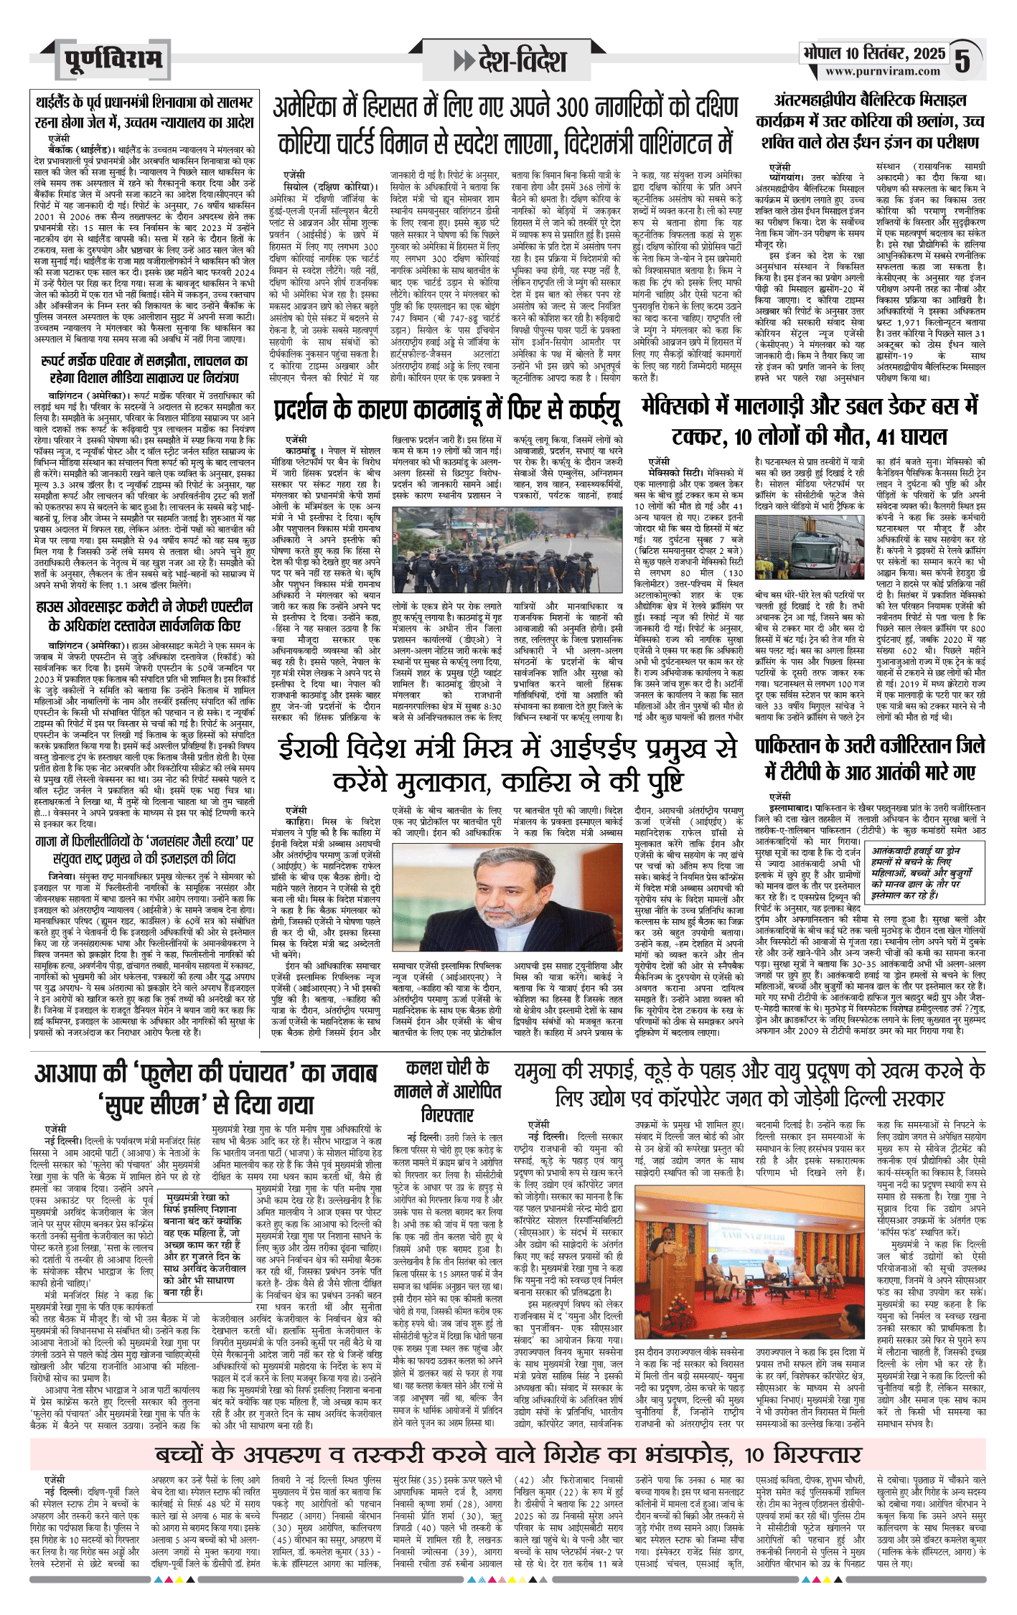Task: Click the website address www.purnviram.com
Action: tap(882, 71)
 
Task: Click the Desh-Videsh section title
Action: tap(509, 61)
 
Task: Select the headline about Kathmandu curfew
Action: tap(447, 410)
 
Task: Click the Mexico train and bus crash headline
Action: tap(810, 422)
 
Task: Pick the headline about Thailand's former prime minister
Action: tap(144, 113)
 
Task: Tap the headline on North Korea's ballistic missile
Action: tap(871, 121)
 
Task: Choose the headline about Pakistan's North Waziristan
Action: tap(870, 760)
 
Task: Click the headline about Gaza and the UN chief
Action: tap(144, 849)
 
